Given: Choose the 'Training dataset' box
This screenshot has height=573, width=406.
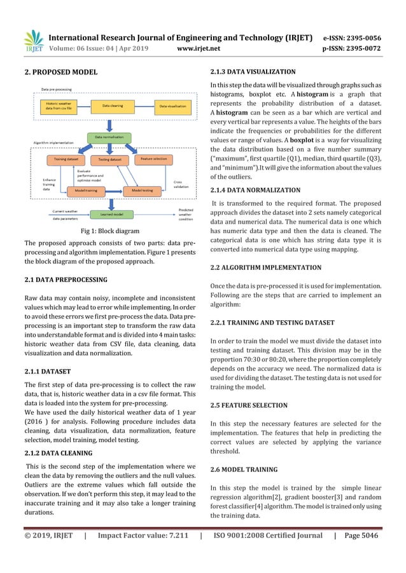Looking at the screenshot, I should click(66, 159).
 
